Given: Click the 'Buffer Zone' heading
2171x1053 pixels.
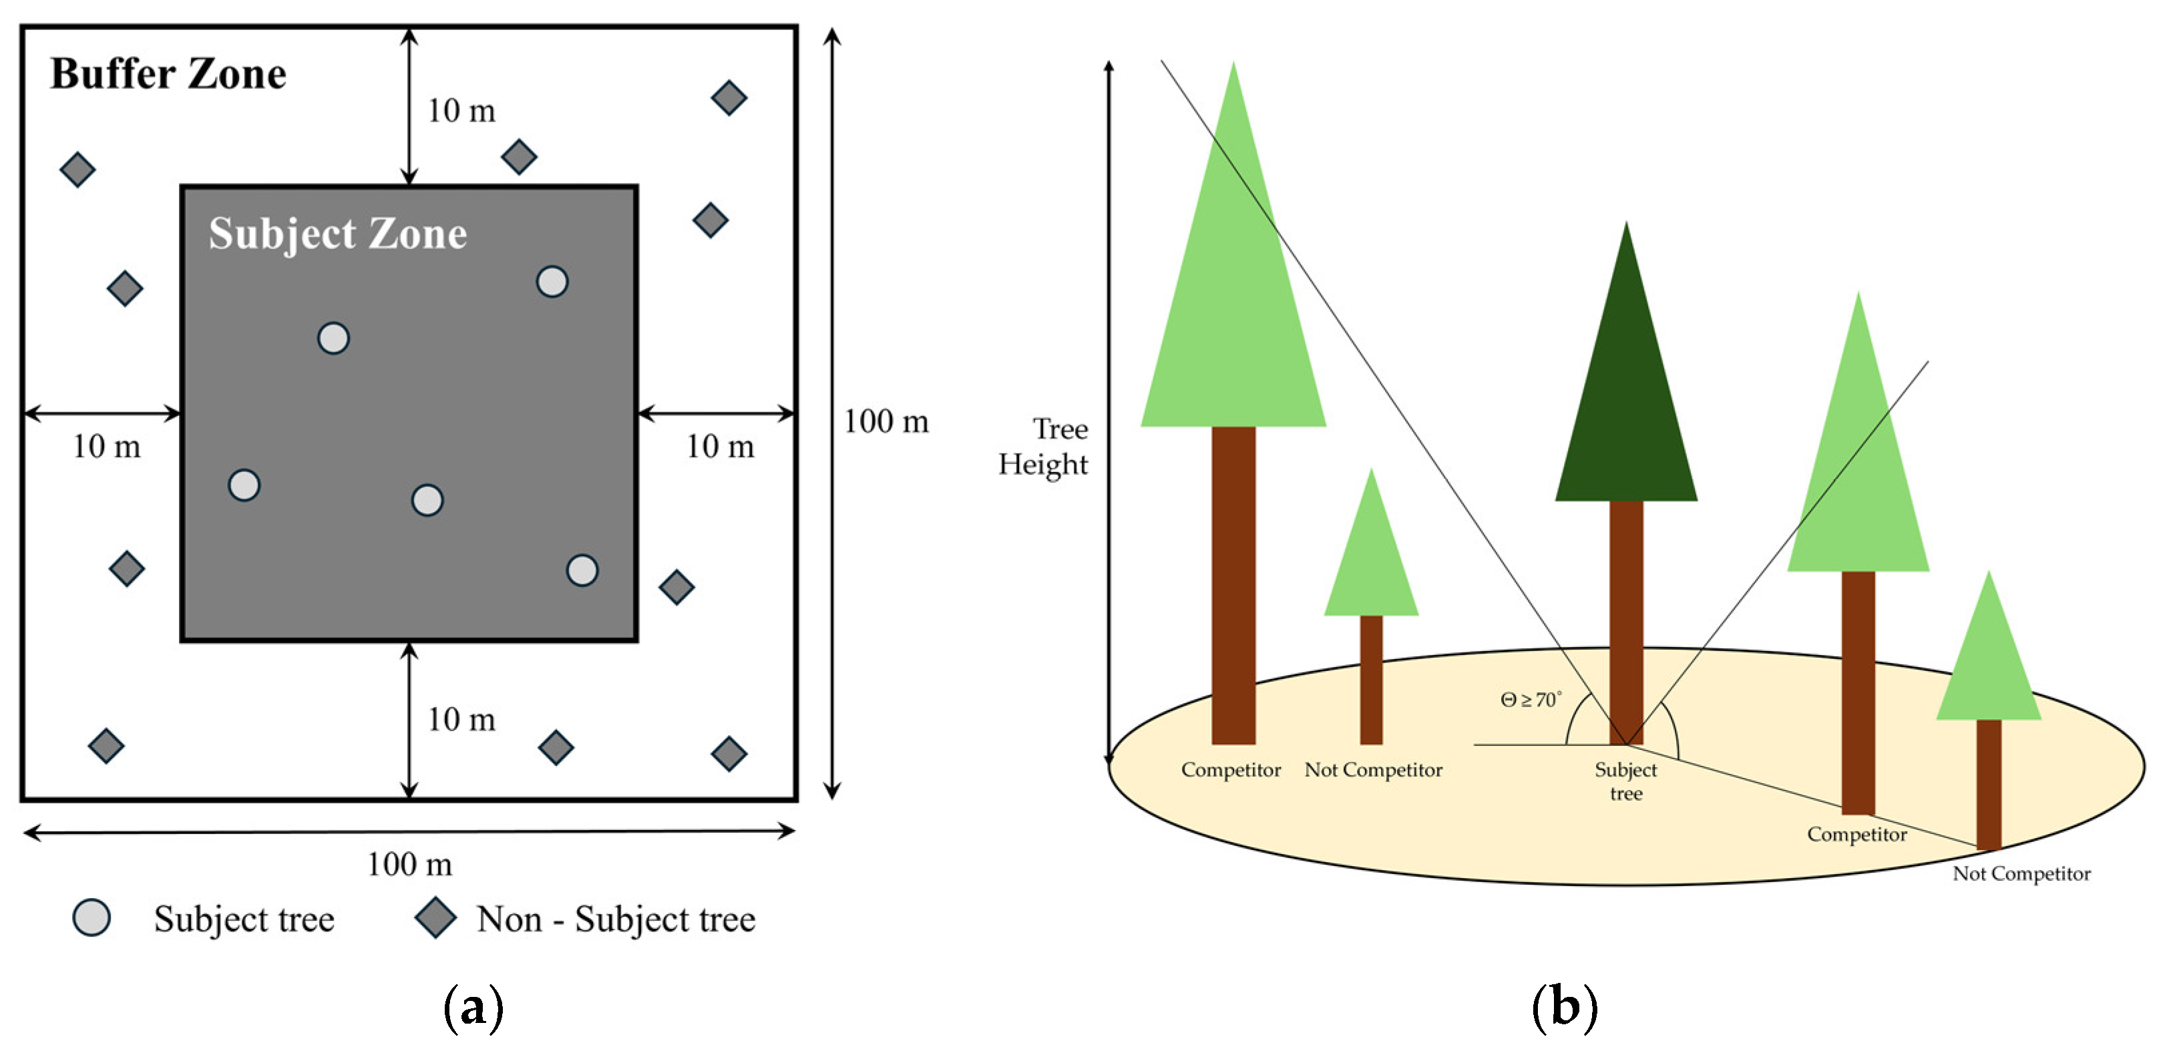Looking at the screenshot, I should pyautogui.click(x=168, y=74).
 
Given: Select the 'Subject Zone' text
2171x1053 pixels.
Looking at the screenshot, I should pyautogui.click(x=337, y=234).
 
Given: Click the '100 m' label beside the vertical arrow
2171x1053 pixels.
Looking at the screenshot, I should pyautogui.click(x=885, y=421).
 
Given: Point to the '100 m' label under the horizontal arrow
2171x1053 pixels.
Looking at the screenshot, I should pyautogui.click(x=409, y=864).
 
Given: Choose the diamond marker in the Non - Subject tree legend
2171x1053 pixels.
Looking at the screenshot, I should pyautogui.click(x=435, y=917).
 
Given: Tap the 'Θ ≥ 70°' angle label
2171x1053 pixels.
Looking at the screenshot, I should pyautogui.click(x=1531, y=700).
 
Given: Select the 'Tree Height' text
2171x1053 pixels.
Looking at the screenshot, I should pyautogui.click(x=1043, y=447).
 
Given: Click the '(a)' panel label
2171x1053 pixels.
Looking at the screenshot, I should pyautogui.click(x=473, y=1008).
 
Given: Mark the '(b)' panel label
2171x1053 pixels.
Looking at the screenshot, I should pyautogui.click(x=1564, y=1008).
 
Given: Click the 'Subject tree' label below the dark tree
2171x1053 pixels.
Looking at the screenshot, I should pyautogui.click(x=1625, y=781).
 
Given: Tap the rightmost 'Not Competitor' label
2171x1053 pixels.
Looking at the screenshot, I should pyautogui.click(x=2021, y=873).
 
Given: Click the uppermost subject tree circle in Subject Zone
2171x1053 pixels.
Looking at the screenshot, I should pyautogui.click(x=552, y=281).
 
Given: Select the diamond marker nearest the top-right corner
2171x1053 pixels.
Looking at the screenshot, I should pyautogui.click(x=729, y=97).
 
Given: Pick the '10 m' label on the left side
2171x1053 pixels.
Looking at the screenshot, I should pyautogui.click(x=106, y=447).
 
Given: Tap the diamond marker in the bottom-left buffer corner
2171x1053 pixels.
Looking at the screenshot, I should pyautogui.click(x=106, y=746).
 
